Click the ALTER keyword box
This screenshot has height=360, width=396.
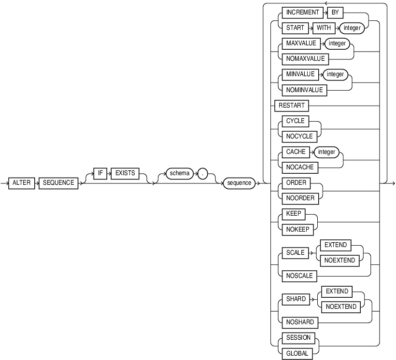(x=22, y=183)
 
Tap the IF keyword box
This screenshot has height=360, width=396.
(x=100, y=173)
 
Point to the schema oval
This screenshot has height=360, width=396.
(x=179, y=173)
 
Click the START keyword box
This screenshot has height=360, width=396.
(x=292, y=28)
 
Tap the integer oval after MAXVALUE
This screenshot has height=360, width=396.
(x=338, y=43)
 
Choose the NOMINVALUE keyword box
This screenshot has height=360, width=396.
(x=301, y=89)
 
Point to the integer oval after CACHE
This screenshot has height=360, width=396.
(x=326, y=152)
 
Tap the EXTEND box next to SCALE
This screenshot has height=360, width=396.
(x=336, y=245)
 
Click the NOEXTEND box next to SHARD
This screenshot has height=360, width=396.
(x=341, y=307)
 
